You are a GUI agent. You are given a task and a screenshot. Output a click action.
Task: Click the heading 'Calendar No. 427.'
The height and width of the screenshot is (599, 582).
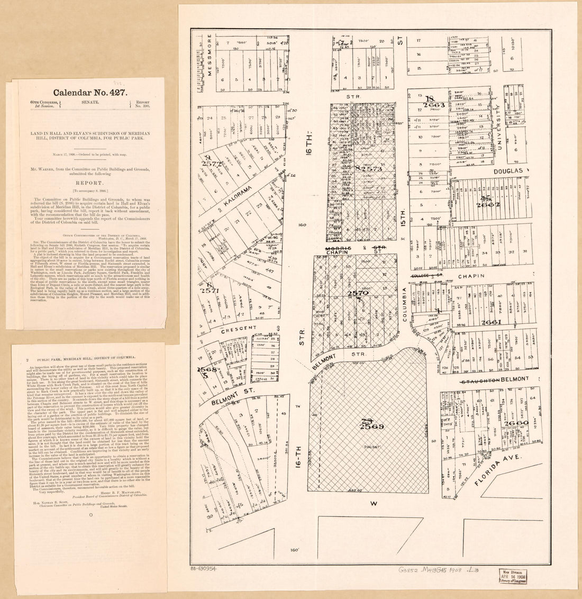[88, 90]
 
